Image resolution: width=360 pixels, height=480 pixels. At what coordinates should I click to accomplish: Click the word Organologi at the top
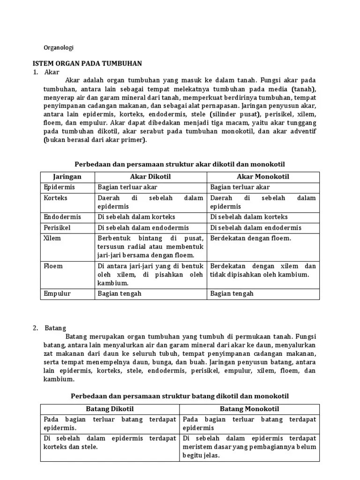click(x=59, y=47)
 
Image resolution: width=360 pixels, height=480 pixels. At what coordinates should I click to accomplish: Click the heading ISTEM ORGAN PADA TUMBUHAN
click(x=87, y=63)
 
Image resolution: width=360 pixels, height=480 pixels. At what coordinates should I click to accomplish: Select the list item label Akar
click(x=52, y=72)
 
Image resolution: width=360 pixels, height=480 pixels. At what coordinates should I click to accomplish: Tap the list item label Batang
click(x=55, y=328)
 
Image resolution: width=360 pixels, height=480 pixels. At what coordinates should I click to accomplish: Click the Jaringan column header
click(x=67, y=177)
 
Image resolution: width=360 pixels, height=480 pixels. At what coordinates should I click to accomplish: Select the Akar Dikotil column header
click(x=150, y=177)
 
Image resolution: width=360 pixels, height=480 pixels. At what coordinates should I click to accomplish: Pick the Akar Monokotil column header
click(x=263, y=177)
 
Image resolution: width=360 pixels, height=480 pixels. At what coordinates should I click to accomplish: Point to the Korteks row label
click(x=56, y=198)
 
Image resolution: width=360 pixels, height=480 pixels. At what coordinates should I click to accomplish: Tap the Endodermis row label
click(x=62, y=217)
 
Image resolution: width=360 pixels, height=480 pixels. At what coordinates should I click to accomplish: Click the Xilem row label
click(x=52, y=238)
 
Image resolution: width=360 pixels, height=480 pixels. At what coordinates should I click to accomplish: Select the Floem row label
click(x=53, y=266)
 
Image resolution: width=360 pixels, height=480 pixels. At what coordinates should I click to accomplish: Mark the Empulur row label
click(x=57, y=293)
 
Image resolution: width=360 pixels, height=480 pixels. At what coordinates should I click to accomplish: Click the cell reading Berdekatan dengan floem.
click(x=251, y=238)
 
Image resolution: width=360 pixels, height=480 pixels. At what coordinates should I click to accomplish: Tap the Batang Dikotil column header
click(x=110, y=409)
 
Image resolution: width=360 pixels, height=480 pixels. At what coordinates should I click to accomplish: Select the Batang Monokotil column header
click(x=249, y=409)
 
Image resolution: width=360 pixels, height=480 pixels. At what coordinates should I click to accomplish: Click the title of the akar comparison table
click(x=180, y=164)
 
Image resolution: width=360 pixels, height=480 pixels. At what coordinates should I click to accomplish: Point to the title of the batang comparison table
click(x=180, y=396)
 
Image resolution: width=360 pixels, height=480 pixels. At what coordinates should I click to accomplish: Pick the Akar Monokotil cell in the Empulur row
click(x=232, y=293)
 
